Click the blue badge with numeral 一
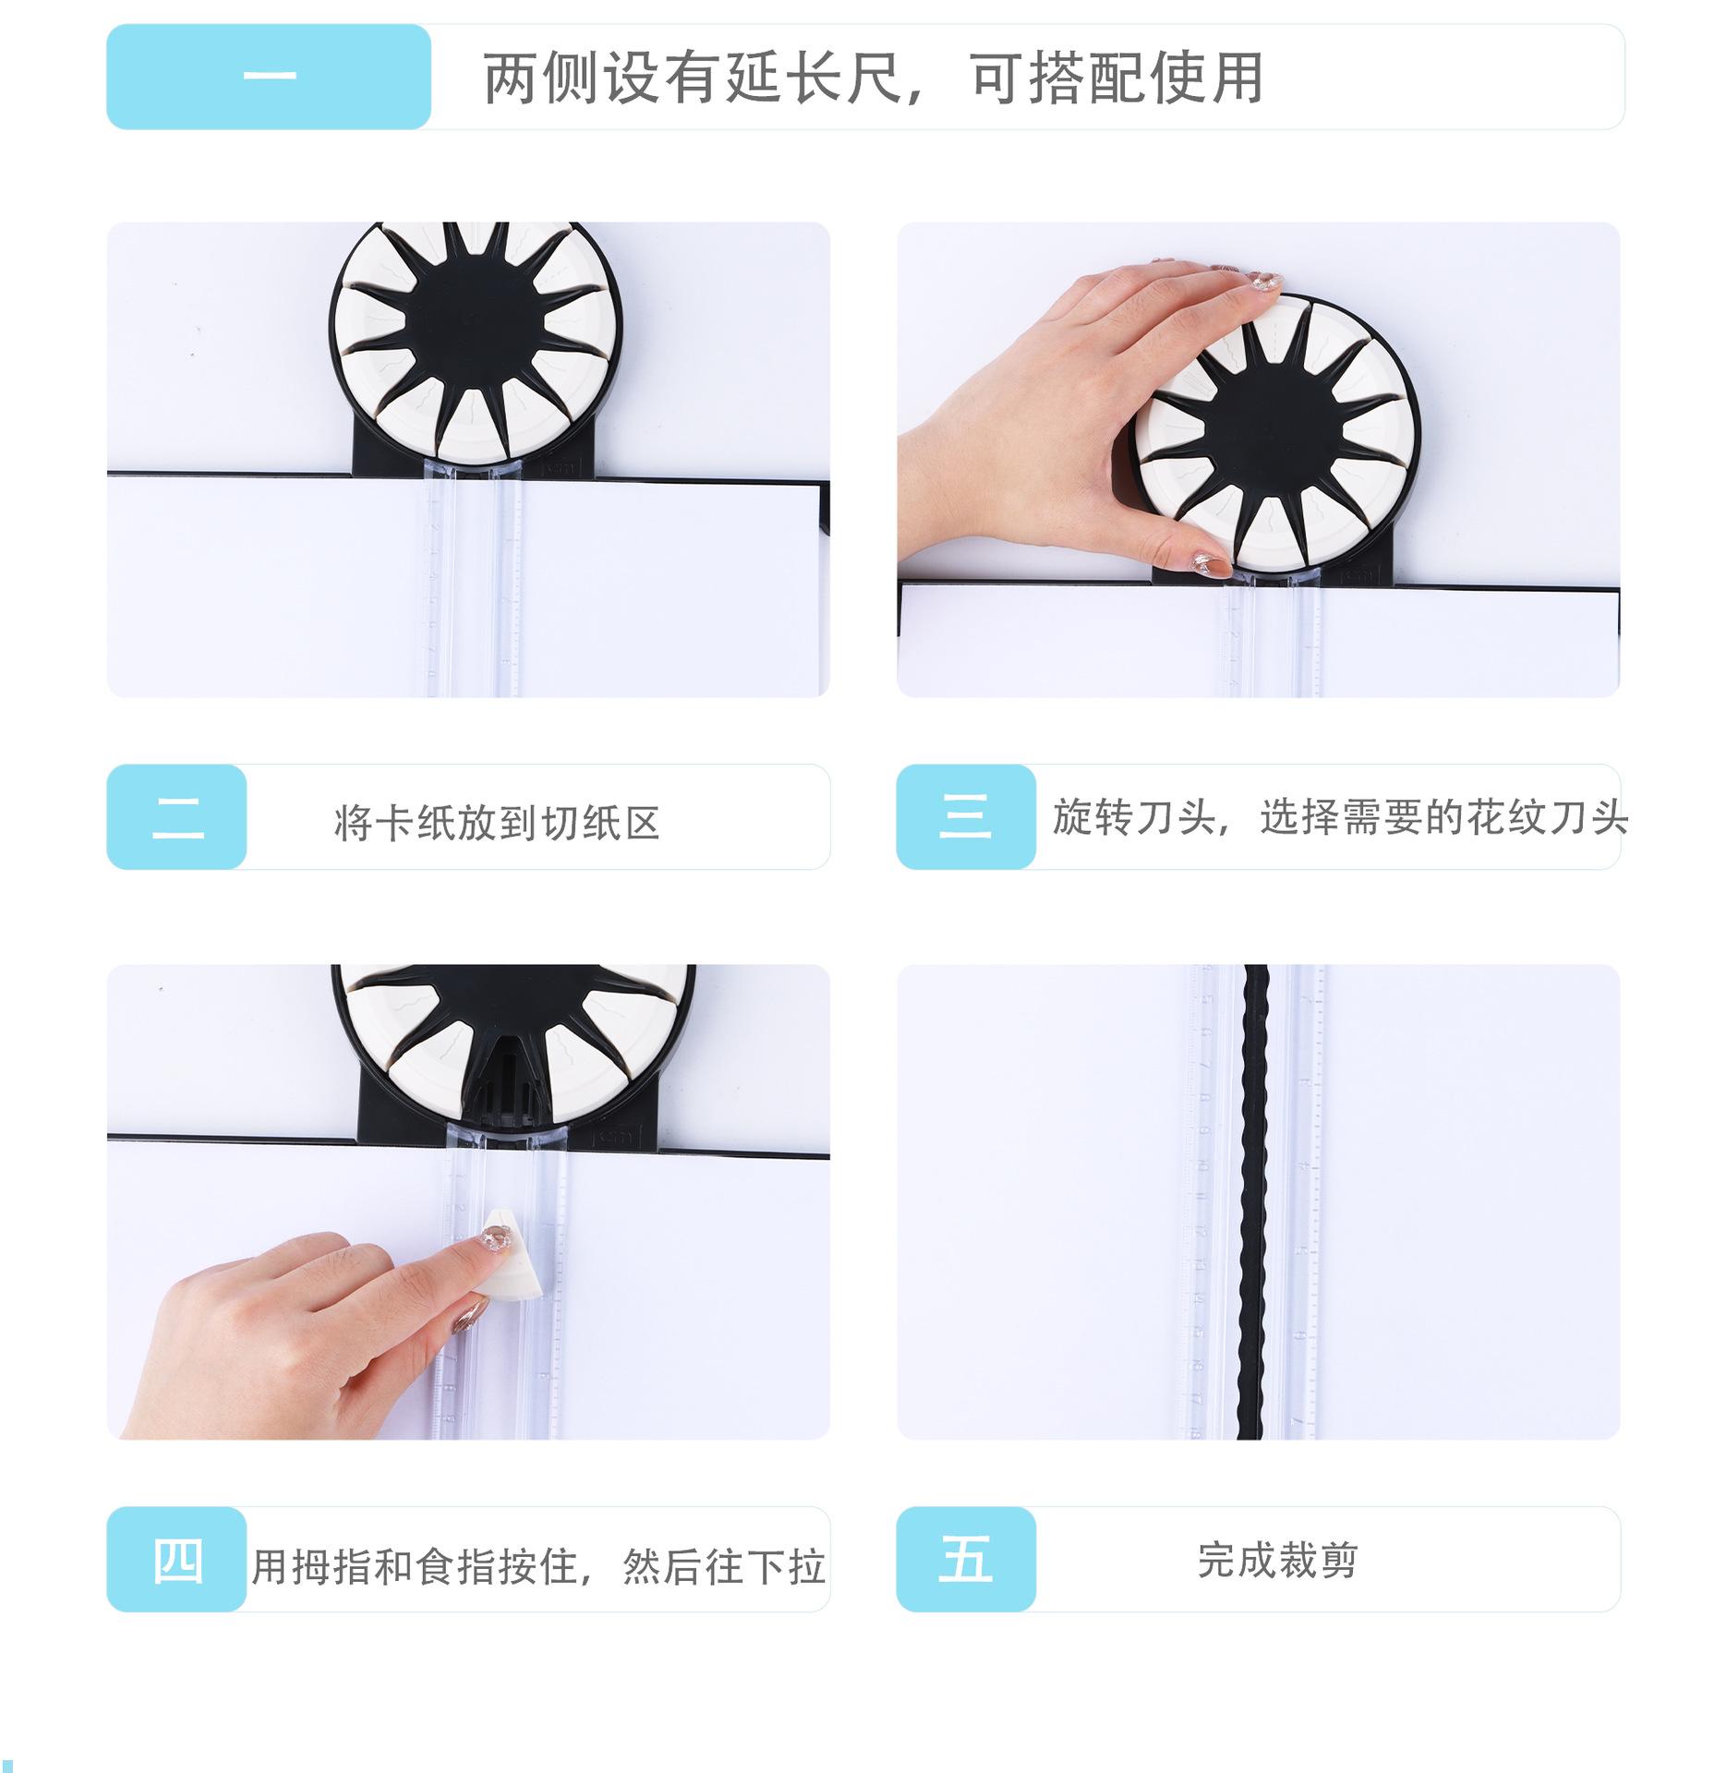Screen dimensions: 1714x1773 click(269, 77)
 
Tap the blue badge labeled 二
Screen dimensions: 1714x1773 click(177, 816)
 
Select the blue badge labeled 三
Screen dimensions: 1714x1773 click(966, 816)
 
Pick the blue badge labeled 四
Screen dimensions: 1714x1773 click(177, 1559)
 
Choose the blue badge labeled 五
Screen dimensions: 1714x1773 click(966, 1559)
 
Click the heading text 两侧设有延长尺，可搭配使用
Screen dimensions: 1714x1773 click(873, 78)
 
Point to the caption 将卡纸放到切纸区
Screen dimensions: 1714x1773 click(497, 823)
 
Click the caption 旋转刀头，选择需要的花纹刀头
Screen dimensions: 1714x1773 click(1340, 817)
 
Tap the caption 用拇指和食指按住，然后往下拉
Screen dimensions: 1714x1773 click(538, 1566)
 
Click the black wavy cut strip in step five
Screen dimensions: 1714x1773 click(1256, 1201)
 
